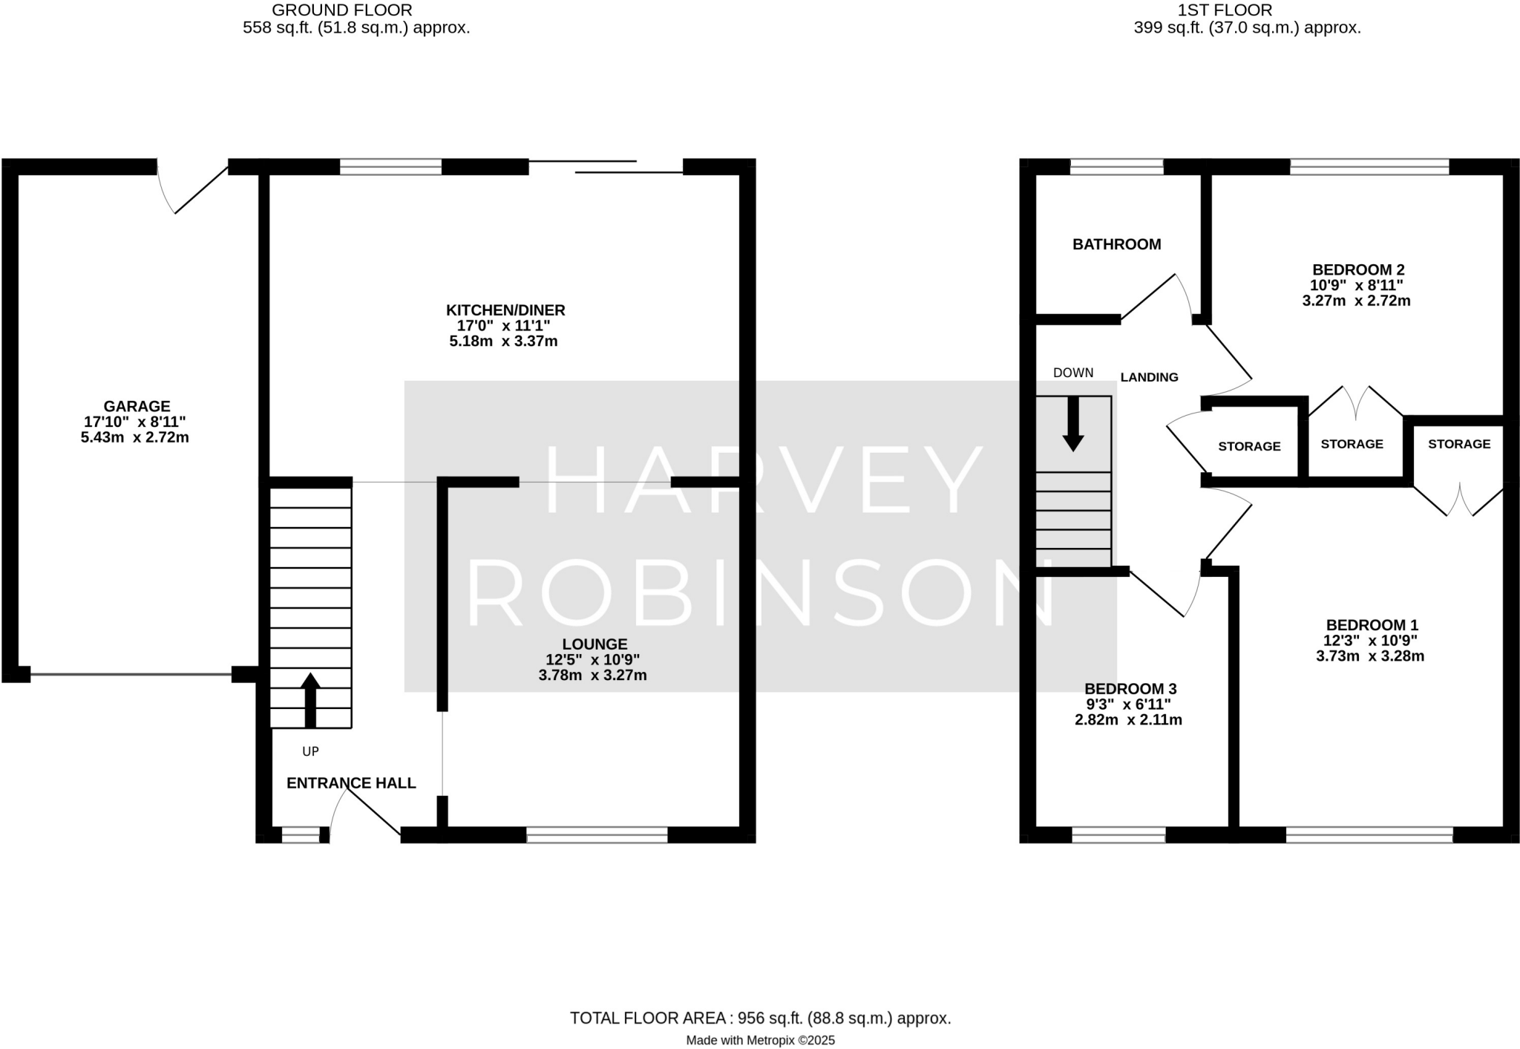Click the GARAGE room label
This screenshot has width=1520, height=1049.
[137, 406]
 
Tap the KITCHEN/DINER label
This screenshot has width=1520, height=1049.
[505, 310]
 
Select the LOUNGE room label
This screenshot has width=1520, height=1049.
[594, 644]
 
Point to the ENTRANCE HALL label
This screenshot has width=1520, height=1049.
[351, 783]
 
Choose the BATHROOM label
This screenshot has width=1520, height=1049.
[1116, 244]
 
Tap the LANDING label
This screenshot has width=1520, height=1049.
[1149, 377]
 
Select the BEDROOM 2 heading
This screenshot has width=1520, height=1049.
[1358, 269]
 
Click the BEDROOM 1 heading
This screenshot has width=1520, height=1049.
[1372, 625]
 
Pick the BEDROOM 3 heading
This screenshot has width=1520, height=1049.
[1130, 689]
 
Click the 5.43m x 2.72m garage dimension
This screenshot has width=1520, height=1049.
[135, 438]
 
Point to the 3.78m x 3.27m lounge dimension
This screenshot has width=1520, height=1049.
[592, 676]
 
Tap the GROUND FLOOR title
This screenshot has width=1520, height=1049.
[341, 10]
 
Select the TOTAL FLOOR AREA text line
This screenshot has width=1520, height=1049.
[760, 1019]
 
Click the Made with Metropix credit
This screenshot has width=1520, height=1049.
[760, 1041]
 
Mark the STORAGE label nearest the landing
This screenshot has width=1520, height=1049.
[1249, 446]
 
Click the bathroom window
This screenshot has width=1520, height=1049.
[1116, 166]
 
